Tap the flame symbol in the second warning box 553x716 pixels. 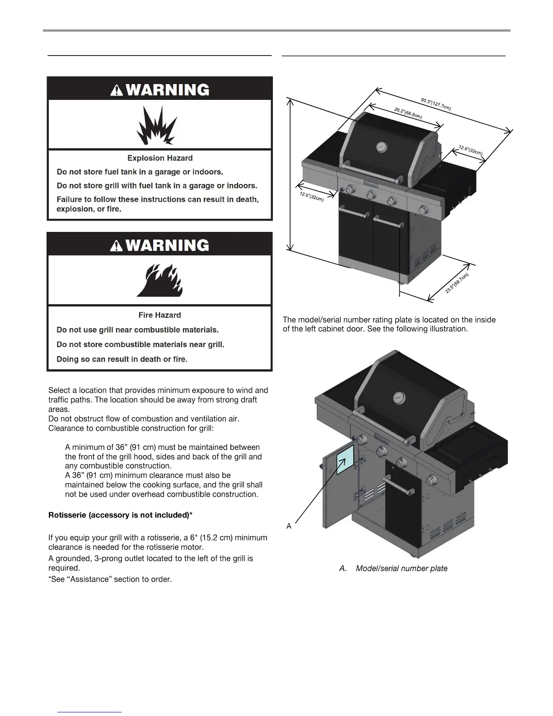pos(159,281)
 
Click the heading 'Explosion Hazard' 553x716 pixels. pos(160,158)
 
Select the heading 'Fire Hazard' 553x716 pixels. pos(159,315)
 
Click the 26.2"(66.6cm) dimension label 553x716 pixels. pos(408,113)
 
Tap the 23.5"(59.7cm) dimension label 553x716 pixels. pos(457,283)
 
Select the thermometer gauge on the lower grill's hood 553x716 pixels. pos(399,398)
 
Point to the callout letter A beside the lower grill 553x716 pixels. pos(289,526)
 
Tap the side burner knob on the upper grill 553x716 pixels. pos(423,210)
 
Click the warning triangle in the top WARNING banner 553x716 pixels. pos(117,90)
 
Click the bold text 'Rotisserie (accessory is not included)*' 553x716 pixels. pos(121,515)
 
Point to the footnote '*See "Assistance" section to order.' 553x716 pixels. pos(110,579)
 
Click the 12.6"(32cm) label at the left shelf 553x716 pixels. pos(311,197)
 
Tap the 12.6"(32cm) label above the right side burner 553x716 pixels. pos(470,150)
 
